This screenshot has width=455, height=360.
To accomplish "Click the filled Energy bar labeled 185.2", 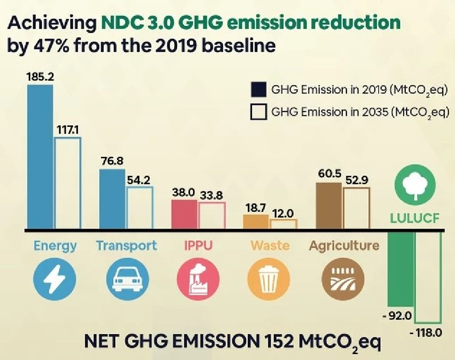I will click(x=40, y=157).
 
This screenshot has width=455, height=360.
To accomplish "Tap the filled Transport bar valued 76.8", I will click(x=112, y=199).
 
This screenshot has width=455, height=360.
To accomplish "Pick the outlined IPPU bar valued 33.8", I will click(x=211, y=216).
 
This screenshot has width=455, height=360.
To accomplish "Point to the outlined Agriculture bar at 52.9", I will click(x=356, y=209).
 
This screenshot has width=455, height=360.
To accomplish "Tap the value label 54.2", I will click(x=139, y=181).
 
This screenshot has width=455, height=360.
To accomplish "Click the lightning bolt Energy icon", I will click(x=55, y=280).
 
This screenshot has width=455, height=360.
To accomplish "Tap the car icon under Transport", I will click(x=126, y=280).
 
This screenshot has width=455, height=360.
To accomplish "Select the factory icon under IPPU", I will click(x=198, y=280).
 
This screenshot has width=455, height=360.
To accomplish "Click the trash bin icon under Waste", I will click(x=270, y=280).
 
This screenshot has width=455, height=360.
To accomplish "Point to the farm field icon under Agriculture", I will click(x=344, y=280).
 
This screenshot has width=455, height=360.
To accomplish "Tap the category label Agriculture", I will click(x=344, y=246).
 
